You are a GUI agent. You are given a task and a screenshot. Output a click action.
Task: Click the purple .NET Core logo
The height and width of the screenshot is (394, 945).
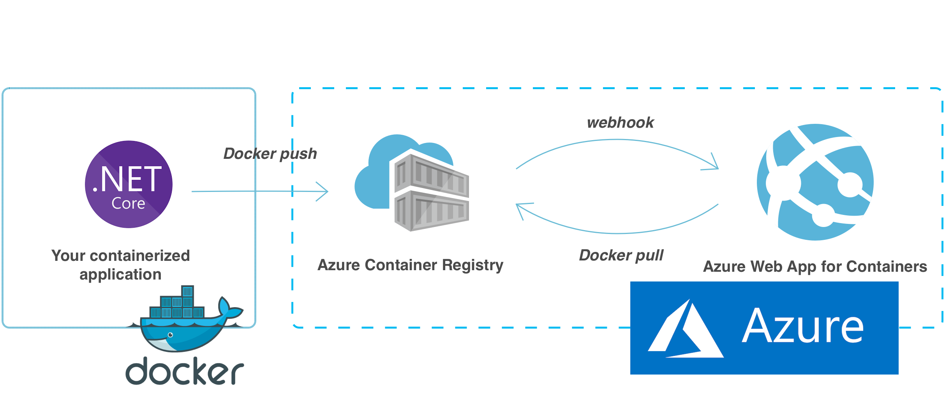pyautogui.click(x=129, y=184)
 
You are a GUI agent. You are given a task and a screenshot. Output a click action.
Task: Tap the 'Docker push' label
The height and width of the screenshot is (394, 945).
pyautogui.click(x=270, y=154)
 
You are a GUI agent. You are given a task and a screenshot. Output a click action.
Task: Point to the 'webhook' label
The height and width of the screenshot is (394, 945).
pyautogui.click(x=620, y=123)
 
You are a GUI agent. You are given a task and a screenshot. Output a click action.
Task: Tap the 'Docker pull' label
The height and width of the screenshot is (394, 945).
pyautogui.click(x=621, y=255)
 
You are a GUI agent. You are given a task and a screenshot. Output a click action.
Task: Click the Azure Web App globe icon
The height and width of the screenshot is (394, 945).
pyautogui.click(x=815, y=182)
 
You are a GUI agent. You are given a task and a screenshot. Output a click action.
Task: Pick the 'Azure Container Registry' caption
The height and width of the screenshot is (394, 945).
pyautogui.click(x=411, y=265)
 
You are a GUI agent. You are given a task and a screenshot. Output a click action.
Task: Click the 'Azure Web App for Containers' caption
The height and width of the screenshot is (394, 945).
pyautogui.click(x=815, y=267)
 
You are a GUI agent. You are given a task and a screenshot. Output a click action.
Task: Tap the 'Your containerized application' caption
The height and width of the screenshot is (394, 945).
pyautogui.click(x=121, y=265)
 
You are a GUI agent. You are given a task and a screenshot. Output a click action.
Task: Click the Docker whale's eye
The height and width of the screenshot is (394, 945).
pyautogui.click(x=170, y=335)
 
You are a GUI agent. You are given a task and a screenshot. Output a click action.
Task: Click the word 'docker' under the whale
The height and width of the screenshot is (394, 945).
pyautogui.click(x=185, y=371)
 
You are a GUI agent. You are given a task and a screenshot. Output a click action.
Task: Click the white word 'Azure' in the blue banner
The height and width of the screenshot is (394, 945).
pyautogui.click(x=803, y=326)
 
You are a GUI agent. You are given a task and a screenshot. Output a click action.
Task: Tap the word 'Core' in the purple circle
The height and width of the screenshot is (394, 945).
pyautogui.click(x=128, y=203)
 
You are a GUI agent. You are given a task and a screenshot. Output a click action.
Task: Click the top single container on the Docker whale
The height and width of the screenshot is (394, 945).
pyautogui.click(x=187, y=291)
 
